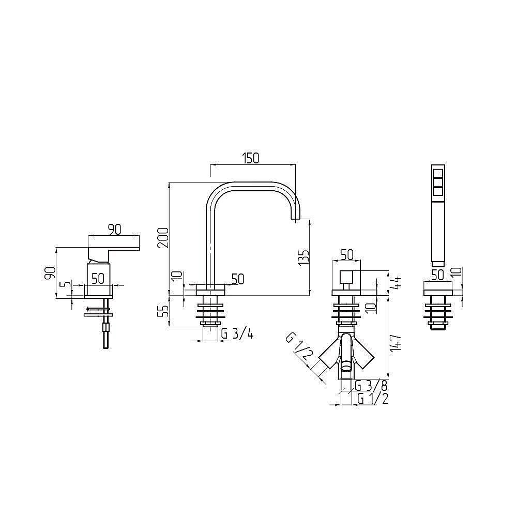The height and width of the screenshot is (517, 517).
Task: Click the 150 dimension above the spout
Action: [251, 158]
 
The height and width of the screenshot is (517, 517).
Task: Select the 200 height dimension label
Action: [163, 238]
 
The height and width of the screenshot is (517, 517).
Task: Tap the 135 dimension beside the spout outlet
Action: [303, 257]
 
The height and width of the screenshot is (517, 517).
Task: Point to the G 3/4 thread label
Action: [237, 334]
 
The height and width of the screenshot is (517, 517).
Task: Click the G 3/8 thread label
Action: [371, 385]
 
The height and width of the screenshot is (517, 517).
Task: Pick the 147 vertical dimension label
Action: [396, 343]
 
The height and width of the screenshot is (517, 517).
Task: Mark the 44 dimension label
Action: [396, 283]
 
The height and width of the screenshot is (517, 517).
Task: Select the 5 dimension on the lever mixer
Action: [67, 284]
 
